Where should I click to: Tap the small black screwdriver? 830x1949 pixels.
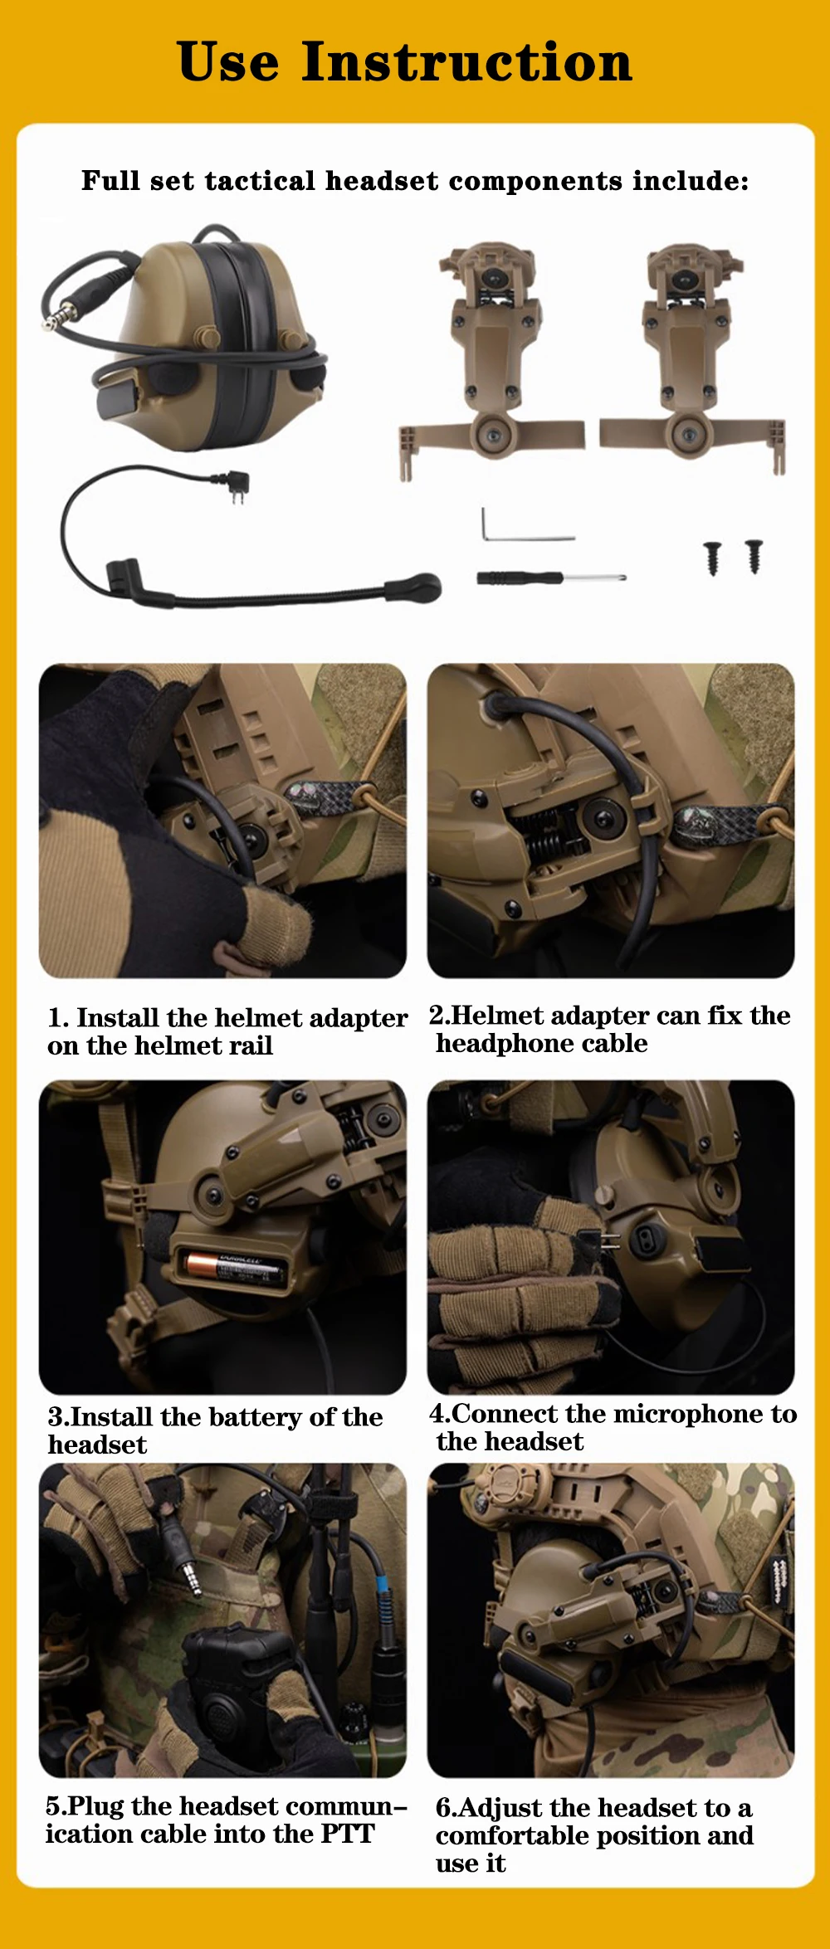pos(550,577)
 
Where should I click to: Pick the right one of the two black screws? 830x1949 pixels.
pos(754,555)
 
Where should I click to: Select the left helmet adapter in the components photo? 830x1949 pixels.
pos(491,361)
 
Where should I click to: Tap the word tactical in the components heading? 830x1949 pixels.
pos(260,181)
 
